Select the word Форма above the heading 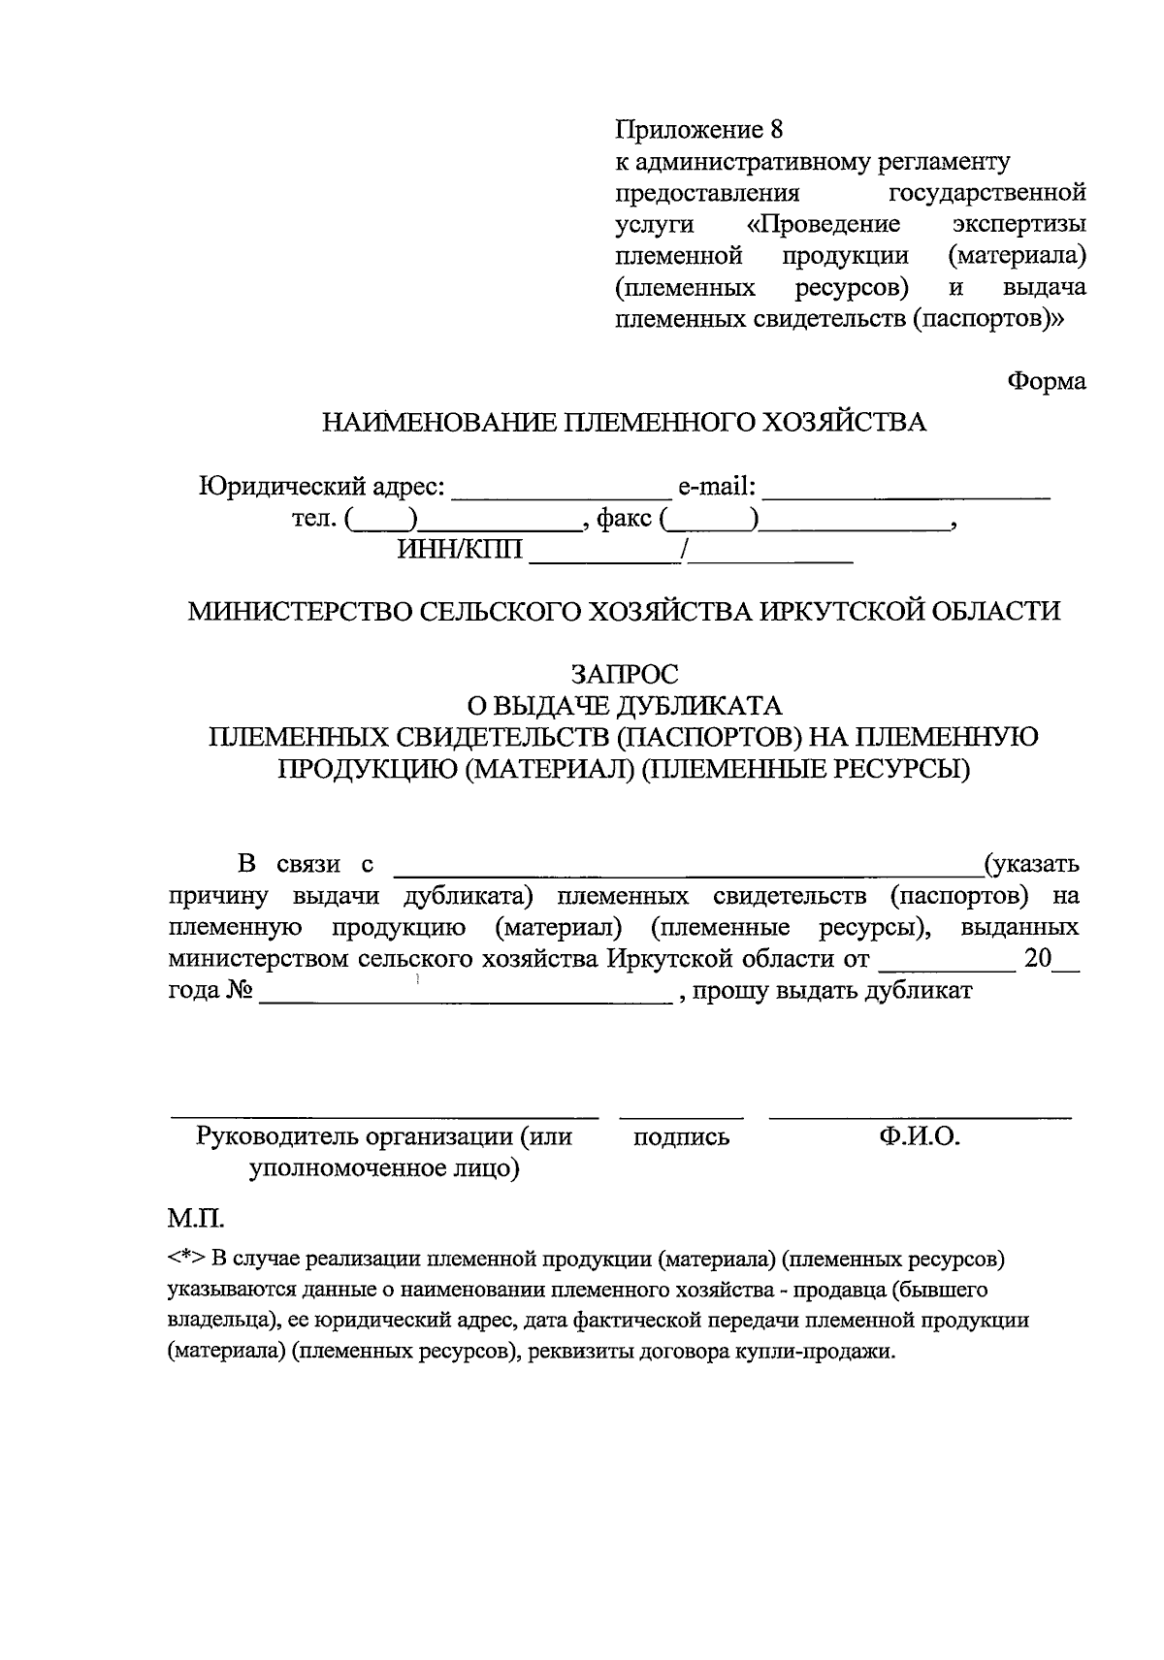click(x=1046, y=381)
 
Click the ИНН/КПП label click(x=459, y=552)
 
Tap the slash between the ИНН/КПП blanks click(x=685, y=552)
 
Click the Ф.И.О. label click(x=919, y=1137)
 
